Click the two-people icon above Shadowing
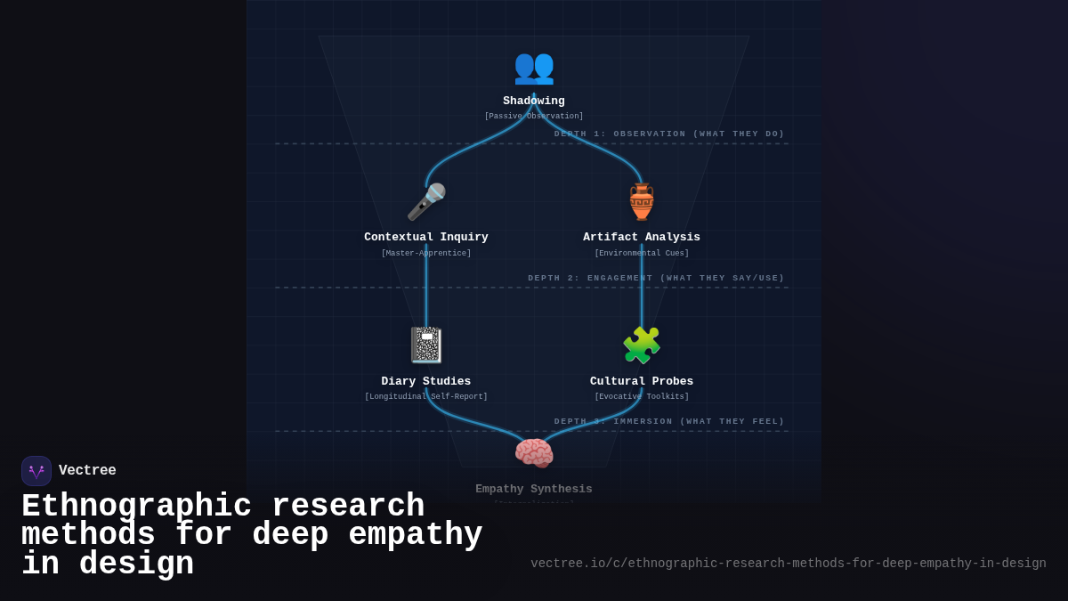534,67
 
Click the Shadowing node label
534,102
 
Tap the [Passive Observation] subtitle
534,117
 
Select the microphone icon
426,202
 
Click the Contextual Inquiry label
426,238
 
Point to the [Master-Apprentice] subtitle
426,254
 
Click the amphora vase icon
642,202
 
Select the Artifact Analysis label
642,238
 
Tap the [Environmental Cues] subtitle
642,254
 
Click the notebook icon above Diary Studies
426,345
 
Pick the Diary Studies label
426,382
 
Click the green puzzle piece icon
642,345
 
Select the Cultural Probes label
642,382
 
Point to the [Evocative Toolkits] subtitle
642,397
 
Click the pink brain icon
534,453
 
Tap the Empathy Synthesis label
534,490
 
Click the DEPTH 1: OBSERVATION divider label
669,134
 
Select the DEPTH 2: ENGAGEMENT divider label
656,279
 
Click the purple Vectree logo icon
36,471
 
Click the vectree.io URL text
789,564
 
